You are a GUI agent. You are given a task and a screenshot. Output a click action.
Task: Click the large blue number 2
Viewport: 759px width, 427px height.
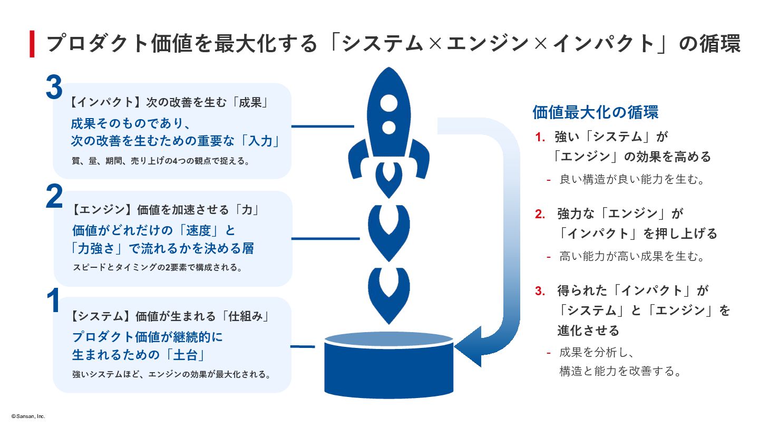[x=54, y=196]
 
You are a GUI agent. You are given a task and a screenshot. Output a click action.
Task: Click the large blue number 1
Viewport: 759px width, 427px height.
[x=53, y=301]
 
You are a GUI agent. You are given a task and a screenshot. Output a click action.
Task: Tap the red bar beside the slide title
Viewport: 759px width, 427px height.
[x=32, y=44]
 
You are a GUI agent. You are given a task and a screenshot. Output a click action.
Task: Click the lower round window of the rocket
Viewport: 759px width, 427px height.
[x=388, y=127]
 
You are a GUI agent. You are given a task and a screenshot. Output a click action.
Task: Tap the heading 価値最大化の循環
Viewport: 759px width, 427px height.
[x=596, y=112]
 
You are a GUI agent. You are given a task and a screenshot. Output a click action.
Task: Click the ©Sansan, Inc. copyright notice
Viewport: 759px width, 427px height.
[x=28, y=416]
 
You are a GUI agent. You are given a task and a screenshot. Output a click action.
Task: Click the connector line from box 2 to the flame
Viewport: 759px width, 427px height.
[x=325, y=238]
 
